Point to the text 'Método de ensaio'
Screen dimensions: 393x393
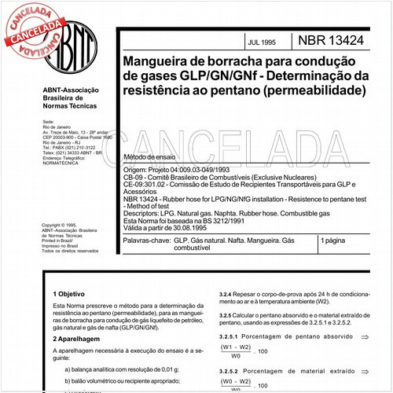pos(152,157)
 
